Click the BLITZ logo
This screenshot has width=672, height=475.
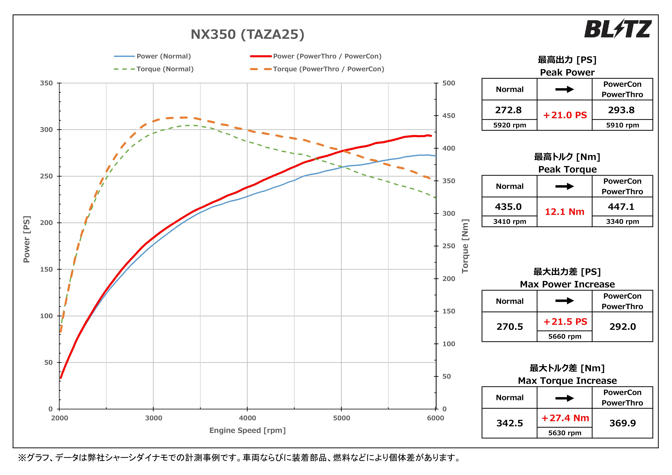point(618,29)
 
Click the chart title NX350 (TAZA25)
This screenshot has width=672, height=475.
point(247,34)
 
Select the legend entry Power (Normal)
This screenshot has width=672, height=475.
point(163,56)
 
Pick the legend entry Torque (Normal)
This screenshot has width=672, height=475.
point(165,69)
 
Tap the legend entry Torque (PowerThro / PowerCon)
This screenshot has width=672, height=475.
point(328,69)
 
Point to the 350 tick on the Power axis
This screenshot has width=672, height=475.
point(46,83)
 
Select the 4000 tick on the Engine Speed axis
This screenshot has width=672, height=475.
point(247,418)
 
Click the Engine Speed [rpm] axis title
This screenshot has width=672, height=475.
point(247,430)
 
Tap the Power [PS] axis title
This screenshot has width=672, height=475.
point(27,239)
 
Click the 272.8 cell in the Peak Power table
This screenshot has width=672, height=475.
point(508,110)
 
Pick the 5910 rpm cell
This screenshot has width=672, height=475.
point(622,125)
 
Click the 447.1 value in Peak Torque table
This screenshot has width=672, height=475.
point(621,207)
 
